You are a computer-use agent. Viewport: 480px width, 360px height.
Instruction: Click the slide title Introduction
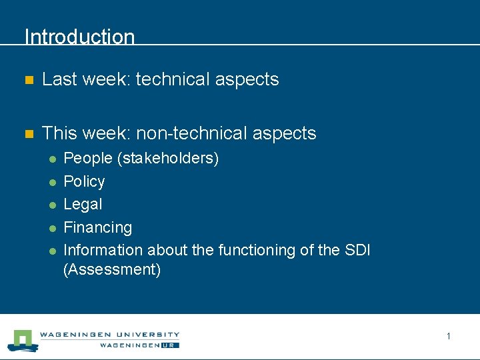79,37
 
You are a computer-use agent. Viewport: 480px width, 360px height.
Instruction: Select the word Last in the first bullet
58,79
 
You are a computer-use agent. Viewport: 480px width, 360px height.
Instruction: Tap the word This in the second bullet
58,133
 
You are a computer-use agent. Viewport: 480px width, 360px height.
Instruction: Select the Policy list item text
84,181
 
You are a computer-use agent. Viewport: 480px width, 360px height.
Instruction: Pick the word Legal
83,204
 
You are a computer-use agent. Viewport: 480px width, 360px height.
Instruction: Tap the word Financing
97,227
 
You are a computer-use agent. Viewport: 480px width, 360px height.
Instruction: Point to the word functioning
257,250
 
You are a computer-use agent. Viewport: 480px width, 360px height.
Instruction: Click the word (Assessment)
112,270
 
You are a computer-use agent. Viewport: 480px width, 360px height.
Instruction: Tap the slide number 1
448,336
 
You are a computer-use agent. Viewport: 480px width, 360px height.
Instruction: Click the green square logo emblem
23,340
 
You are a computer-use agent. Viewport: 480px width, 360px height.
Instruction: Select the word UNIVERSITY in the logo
149,335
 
